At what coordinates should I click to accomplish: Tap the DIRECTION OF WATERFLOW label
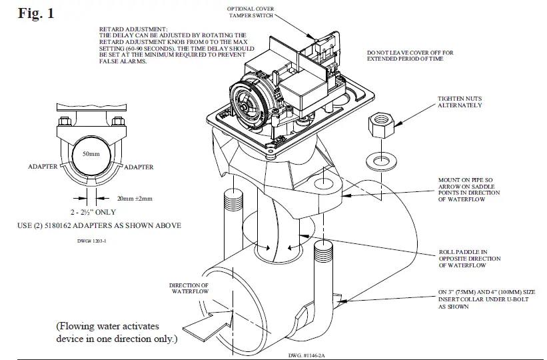pos(190,288)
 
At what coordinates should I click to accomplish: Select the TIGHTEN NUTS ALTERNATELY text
pos(459,101)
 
